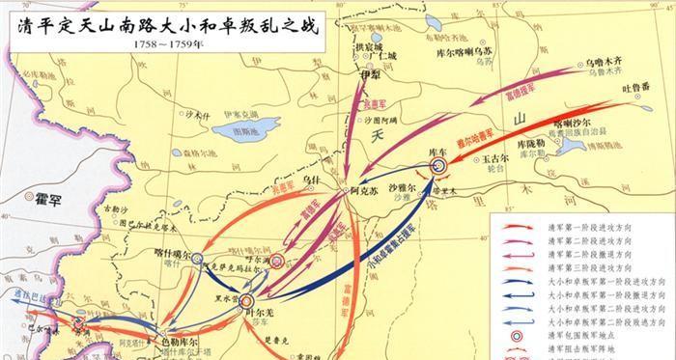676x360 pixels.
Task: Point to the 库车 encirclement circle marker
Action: click(x=437, y=166)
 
